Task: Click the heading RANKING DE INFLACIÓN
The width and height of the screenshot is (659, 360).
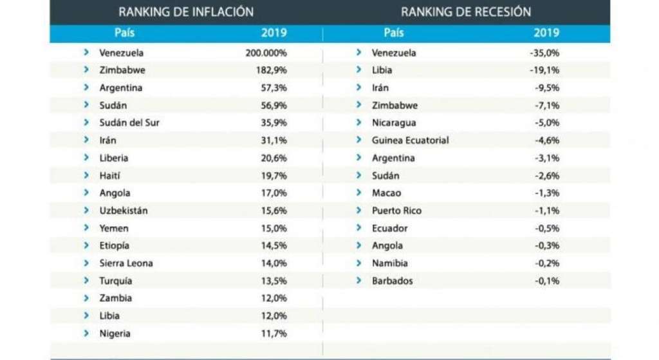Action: [x=186, y=12]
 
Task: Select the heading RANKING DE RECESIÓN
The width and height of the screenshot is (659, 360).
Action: [x=466, y=12]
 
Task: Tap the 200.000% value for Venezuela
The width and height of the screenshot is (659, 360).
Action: [x=266, y=53]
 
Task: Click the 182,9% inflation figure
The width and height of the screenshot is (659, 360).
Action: [x=271, y=70]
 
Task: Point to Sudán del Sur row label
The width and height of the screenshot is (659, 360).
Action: [x=129, y=123]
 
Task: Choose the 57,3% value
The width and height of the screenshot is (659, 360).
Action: [x=274, y=88]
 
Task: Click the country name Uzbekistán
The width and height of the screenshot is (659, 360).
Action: [x=124, y=211]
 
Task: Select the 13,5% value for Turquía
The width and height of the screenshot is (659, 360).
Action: [x=274, y=281]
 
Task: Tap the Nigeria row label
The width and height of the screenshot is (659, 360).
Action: [x=115, y=334]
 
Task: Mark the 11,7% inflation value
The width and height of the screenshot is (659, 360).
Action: [x=274, y=334]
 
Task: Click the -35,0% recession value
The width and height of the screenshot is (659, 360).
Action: [x=544, y=53]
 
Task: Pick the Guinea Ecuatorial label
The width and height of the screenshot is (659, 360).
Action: [x=410, y=140]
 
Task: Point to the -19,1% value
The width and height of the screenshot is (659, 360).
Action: [x=544, y=70]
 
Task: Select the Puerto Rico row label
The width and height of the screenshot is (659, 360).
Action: [x=396, y=211]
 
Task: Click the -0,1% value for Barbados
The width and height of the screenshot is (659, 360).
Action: [x=547, y=281]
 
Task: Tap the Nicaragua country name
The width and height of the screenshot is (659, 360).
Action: [x=394, y=123]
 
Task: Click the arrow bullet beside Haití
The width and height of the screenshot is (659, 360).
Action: [x=86, y=175]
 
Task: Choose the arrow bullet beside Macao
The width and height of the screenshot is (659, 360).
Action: [x=358, y=193]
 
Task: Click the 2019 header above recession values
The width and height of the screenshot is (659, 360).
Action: [x=546, y=33]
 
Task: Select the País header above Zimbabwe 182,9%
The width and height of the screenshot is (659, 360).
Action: [x=124, y=33]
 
